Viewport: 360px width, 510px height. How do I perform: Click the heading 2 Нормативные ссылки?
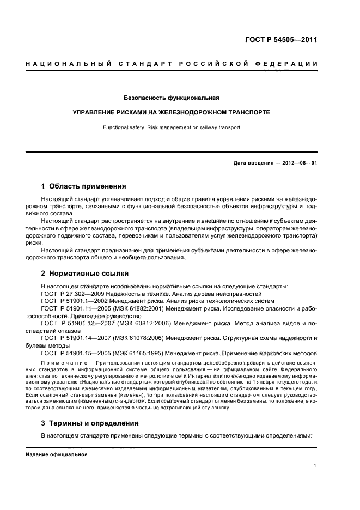[85, 273]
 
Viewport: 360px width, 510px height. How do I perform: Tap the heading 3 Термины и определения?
[90, 423]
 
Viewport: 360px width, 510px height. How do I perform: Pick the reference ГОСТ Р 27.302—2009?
[70, 293]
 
